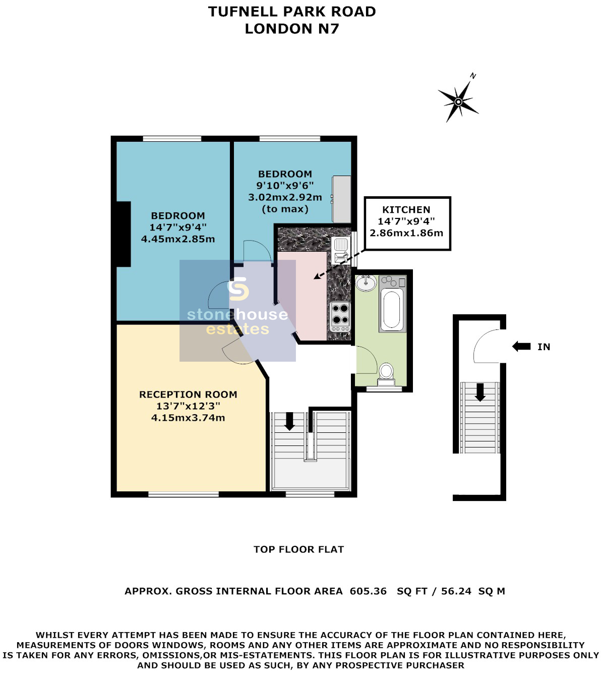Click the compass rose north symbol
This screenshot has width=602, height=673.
458,101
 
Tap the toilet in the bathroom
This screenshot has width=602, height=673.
386,375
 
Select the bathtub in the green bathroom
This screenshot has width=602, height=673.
392,310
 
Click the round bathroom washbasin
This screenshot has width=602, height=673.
366,283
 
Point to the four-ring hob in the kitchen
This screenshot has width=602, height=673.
340,316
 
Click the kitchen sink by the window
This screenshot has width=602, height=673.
341,250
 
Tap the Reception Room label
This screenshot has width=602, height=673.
188,395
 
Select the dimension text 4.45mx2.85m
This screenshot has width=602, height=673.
178,239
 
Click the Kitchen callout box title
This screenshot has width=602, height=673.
406,209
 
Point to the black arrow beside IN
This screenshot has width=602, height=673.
521,347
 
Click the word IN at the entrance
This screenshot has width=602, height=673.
544,347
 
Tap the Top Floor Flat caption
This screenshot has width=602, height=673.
299,549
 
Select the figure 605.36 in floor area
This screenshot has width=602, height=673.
368,591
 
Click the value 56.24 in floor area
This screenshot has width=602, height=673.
456,591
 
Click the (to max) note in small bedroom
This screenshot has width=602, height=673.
285,209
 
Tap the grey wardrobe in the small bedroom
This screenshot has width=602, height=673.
342,199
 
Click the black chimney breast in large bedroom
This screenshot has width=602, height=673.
123,234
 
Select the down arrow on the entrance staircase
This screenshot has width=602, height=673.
480,392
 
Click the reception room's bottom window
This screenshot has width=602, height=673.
184,494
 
